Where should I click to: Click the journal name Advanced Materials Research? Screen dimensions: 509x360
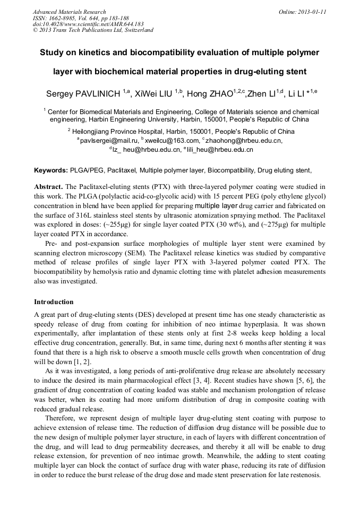[70, 12]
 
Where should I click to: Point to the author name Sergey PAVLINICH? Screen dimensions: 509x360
[85, 94]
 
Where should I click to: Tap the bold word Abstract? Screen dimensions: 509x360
[48, 187]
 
